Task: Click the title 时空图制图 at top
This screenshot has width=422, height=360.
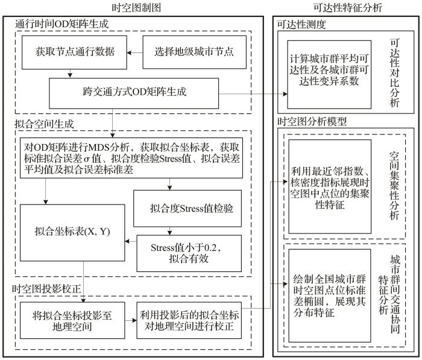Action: coord(136,8)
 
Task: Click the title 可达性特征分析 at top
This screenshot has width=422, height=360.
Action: coord(347,8)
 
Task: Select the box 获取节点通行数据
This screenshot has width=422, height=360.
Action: coord(74,52)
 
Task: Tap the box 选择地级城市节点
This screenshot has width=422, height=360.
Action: coord(194,52)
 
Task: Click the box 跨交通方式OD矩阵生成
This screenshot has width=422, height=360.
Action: coord(134,93)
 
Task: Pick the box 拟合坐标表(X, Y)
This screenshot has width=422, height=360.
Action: coord(72,233)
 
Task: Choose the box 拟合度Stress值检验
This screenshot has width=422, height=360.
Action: coord(187,209)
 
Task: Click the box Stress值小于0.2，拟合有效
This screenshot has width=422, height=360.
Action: coord(189,253)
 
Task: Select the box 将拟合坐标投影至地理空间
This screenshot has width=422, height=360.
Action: coord(72,320)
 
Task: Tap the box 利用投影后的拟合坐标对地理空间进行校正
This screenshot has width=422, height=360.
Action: coord(189,320)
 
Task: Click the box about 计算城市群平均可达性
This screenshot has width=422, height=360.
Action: coord(329,75)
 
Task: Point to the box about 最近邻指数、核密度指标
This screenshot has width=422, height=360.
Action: coord(330,186)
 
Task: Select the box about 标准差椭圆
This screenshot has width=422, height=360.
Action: coord(330,295)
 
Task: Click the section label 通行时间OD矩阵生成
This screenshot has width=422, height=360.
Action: coord(62,24)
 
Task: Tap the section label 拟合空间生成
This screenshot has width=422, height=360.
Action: coord(44,124)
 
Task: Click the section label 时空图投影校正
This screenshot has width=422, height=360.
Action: coord(46,289)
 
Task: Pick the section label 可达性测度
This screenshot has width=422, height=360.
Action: coord(301,25)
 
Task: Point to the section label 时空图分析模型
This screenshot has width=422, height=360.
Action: coord(312,122)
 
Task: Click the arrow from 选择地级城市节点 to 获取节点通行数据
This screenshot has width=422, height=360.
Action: coord(134,52)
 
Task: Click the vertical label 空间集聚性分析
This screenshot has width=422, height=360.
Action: coord(394,186)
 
